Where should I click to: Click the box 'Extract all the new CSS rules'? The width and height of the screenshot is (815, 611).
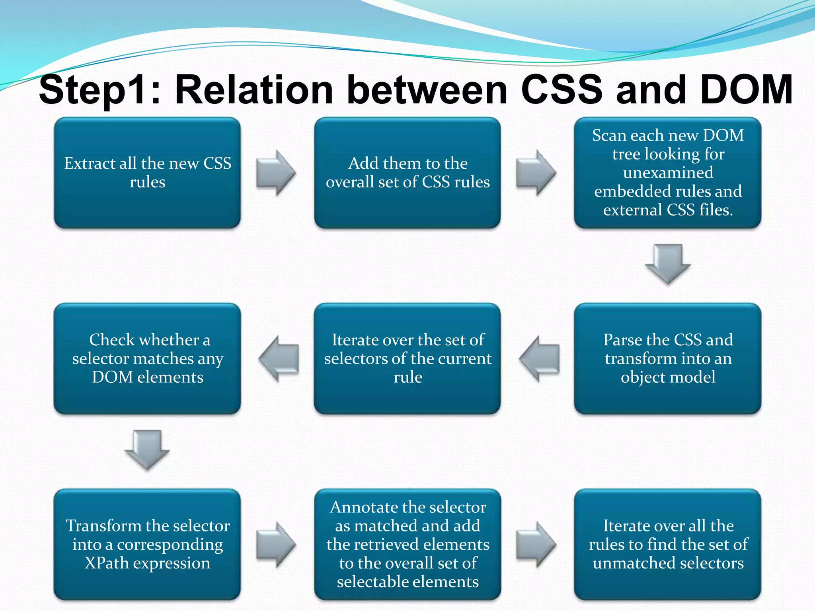pyautogui.click(x=147, y=173)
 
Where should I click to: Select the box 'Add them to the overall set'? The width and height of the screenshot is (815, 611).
pyautogui.click(x=407, y=173)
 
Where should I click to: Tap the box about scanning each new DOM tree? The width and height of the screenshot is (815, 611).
pyautogui.click(x=667, y=173)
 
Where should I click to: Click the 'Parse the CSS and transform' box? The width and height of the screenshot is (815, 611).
pyautogui.click(x=667, y=358)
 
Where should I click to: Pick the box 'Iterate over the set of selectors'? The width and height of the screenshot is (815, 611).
pyautogui.click(x=407, y=358)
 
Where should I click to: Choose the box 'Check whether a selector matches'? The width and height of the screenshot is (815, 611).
pyautogui.click(x=147, y=358)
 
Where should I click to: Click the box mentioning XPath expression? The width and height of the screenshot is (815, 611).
pyautogui.click(x=147, y=544)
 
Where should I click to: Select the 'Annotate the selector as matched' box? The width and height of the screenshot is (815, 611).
pyautogui.click(x=407, y=544)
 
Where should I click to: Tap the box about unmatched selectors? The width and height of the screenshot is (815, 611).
pyautogui.click(x=667, y=544)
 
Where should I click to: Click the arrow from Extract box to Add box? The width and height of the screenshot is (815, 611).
pyautogui.click(x=276, y=173)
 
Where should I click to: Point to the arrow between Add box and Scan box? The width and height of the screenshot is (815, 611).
pyautogui.click(x=536, y=173)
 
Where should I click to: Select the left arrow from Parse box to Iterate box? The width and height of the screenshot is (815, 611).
pyautogui.click(x=540, y=358)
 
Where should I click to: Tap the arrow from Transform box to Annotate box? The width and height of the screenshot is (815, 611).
pyautogui.click(x=276, y=544)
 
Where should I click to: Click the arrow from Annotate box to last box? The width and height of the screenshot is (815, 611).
pyautogui.click(x=536, y=544)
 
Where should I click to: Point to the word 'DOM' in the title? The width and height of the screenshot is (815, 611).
pyautogui.click(x=747, y=90)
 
